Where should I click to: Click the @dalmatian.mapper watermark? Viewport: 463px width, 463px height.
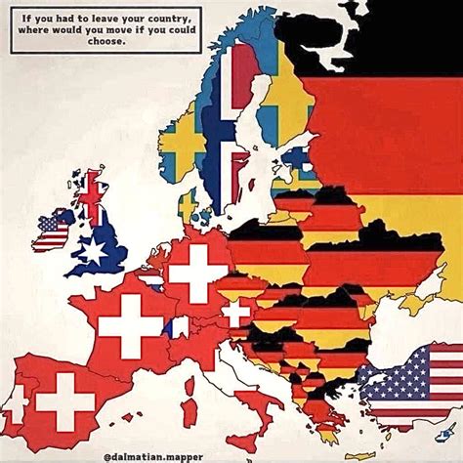coord(231,452)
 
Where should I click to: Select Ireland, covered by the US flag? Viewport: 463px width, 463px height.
coord(54,231)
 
